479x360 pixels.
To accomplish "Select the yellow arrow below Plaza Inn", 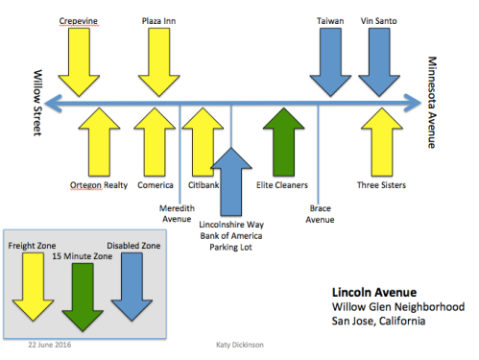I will [x=157, y=60].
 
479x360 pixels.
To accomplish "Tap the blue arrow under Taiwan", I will [x=332, y=60].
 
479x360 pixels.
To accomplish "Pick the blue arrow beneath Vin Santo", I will [x=379, y=60].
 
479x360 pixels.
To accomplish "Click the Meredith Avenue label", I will [x=177, y=212].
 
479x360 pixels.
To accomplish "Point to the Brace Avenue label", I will [x=322, y=213].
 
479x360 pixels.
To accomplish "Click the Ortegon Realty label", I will [x=100, y=184].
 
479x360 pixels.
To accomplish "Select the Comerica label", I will [x=155, y=184].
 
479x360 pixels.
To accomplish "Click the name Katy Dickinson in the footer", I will [x=240, y=344].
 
